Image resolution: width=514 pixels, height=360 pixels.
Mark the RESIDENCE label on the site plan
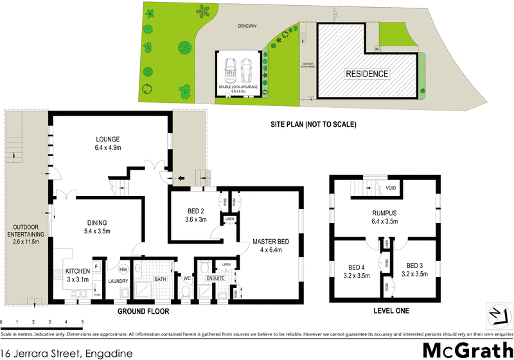pyautogui.click(x=368, y=74)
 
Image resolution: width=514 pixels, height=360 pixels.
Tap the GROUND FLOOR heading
pyautogui.click(x=143, y=311)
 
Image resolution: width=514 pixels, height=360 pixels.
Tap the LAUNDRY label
pyautogui.click(x=118, y=281)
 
